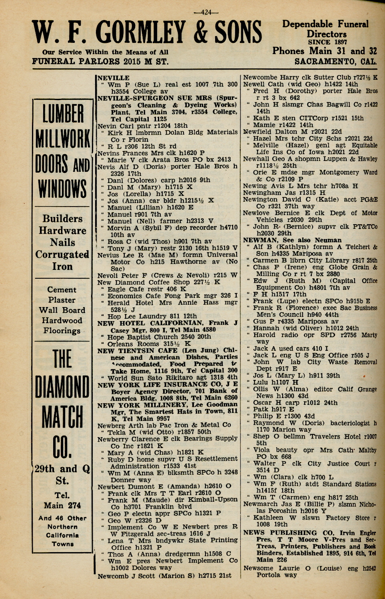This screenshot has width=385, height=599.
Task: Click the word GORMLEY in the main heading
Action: point(140,33)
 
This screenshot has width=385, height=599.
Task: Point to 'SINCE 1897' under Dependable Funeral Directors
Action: point(327,42)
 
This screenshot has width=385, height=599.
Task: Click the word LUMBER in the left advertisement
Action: point(63,114)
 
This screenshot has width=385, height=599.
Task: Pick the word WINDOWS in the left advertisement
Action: point(62,188)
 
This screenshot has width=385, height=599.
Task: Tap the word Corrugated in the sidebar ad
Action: point(62,255)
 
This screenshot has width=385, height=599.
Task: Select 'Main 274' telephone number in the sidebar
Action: point(63,506)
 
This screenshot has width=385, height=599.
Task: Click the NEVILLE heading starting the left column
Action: point(114,78)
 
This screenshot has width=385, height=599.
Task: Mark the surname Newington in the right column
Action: point(261,199)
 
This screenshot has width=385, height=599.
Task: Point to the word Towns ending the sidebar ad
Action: point(63,544)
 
